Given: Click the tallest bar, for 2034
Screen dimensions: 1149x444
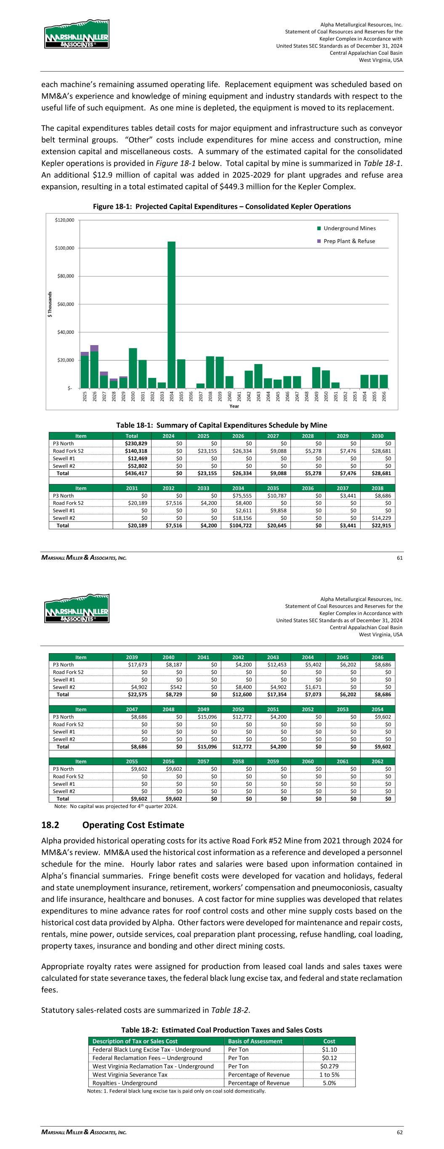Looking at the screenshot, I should (171, 314).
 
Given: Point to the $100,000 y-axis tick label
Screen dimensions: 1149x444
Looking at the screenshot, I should (65, 248).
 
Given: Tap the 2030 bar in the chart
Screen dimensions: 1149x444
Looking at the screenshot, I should (133, 368).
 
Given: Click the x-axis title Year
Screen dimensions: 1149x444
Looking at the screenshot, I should (234, 406).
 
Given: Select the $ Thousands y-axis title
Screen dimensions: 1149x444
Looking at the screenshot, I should (51, 305).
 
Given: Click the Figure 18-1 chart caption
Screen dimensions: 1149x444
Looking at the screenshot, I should (222, 207).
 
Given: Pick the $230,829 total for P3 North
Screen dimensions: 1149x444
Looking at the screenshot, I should (139, 443).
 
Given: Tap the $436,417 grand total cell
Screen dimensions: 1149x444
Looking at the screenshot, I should (139, 473).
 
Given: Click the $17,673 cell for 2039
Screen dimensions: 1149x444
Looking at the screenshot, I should (139, 665).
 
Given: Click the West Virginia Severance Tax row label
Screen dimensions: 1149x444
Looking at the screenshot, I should (130, 1075).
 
